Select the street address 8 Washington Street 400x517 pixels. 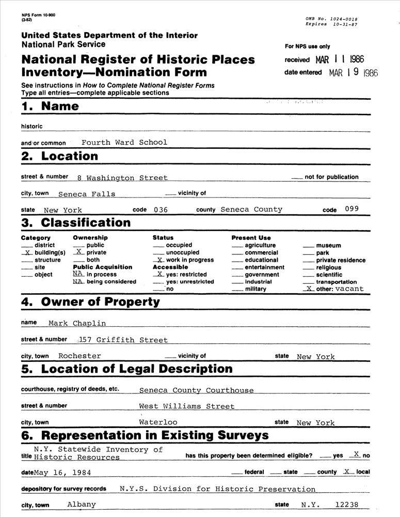[x=122, y=178]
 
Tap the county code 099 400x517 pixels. [x=353, y=209]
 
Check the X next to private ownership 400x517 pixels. [x=78, y=252]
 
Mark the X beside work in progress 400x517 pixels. [x=160, y=260]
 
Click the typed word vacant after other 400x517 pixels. [x=349, y=289]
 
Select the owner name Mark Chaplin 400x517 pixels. [x=77, y=323]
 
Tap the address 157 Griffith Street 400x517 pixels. [x=123, y=340]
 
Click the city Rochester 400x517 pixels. [x=79, y=356]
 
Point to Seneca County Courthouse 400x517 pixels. [x=197, y=390]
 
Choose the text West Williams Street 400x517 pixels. [x=187, y=406]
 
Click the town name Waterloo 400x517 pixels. [x=158, y=422]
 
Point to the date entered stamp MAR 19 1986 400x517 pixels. [x=354, y=73]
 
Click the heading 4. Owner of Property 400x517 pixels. [x=91, y=302]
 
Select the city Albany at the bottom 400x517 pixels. [x=82, y=504]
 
